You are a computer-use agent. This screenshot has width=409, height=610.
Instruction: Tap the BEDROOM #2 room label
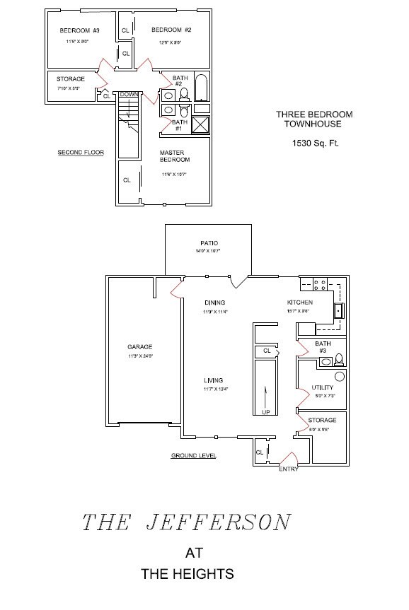point(172,30)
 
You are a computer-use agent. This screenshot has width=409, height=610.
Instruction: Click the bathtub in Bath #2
point(201,88)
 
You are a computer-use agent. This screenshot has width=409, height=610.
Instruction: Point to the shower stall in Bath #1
point(201,125)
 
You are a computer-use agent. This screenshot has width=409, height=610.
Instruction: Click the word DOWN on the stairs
point(129,94)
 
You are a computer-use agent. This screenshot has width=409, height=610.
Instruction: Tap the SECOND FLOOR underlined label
point(80,152)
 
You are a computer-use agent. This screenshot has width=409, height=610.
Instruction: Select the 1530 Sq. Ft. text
point(316,143)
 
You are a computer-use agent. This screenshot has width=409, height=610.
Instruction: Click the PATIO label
point(209,243)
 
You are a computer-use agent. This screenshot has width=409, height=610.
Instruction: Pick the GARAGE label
point(139,346)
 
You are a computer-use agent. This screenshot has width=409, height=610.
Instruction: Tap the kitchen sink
point(338,310)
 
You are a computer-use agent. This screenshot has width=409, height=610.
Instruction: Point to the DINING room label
point(214,303)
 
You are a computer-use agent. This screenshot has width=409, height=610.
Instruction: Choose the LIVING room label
point(214,380)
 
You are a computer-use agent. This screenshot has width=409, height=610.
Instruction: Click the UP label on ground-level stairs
point(265,412)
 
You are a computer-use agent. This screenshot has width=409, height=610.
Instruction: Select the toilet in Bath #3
point(338,359)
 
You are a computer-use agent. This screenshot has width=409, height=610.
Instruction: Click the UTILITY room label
point(323,387)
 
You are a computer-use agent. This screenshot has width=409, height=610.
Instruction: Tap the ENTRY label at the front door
point(288,469)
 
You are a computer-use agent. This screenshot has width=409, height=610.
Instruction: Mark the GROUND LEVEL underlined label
point(193,456)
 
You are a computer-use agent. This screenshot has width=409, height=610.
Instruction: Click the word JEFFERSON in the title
point(217,523)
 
